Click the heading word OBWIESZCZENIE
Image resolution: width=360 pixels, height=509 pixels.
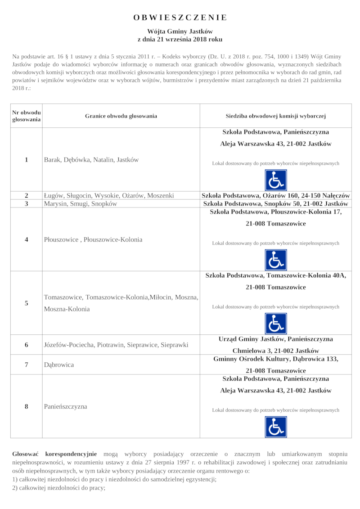coord(180,18)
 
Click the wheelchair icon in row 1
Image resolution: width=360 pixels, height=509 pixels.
coord(275,180)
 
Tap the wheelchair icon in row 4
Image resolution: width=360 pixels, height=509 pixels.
coord(275,260)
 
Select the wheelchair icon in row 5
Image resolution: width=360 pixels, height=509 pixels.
coord(275,324)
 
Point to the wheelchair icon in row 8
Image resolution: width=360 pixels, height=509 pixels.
coord(275,427)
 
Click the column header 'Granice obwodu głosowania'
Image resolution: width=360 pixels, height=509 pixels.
coord(121,116)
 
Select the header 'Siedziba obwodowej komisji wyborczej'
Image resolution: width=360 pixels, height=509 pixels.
coord(275,116)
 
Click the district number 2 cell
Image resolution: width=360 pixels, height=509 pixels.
coord(27,195)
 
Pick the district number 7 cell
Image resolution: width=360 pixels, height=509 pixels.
coord(27,365)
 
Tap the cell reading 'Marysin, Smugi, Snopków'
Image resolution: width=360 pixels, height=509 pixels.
coord(81,203)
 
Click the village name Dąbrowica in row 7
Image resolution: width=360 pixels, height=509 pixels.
coord(59,365)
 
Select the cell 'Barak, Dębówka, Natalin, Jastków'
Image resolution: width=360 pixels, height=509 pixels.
coord(91,160)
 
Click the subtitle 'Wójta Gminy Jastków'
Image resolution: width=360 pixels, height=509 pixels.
coord(180,31)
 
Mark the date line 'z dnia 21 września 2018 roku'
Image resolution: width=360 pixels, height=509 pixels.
coord(180,39)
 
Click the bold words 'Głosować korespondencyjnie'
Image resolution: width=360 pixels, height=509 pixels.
coord(54,455)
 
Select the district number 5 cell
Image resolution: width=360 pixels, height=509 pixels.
coord(27,303)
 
